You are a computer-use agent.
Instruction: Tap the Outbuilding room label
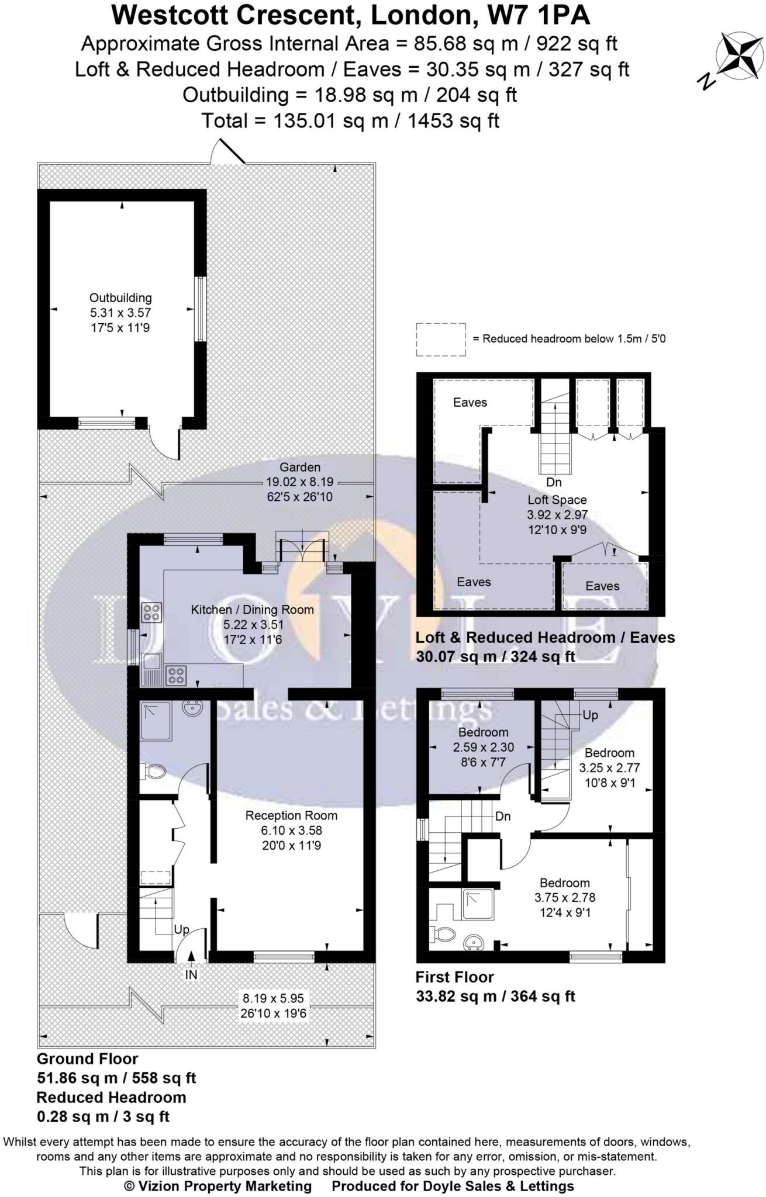point(120,298)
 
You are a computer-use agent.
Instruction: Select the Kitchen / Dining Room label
point(252,610)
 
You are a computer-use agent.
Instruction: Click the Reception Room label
point(291,815)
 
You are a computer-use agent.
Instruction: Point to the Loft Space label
point(557,500)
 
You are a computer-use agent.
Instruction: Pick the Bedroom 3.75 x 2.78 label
point(564,883)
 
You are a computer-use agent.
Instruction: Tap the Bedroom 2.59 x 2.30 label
point(483,732)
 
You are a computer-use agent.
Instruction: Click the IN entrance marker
point(191,974)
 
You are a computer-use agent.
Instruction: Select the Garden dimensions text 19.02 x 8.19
point(300,482)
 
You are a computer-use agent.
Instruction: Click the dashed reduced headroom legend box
point(441,340)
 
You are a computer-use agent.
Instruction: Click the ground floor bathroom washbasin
point(192,709)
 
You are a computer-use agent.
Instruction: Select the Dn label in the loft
point(553,482)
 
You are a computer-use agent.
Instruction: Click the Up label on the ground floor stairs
point(181,929)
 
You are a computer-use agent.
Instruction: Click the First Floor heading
point(454,977)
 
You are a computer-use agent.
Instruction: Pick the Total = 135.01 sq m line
point(350,121)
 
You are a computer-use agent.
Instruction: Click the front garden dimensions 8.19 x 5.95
point(273,998)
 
